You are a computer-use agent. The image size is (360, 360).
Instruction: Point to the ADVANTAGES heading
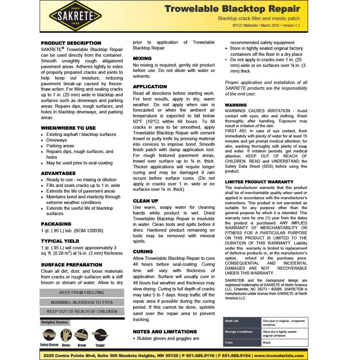58,173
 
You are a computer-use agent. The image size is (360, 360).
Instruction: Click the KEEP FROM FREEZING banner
82,292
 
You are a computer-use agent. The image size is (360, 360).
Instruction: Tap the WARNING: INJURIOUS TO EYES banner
82,302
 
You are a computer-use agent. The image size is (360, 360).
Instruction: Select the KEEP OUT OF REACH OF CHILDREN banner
82,311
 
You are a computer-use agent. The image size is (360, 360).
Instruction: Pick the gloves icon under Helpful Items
66,335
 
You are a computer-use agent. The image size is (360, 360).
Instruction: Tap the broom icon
81,335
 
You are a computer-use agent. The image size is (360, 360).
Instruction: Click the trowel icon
99,335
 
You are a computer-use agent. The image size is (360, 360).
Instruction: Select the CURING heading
143,251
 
